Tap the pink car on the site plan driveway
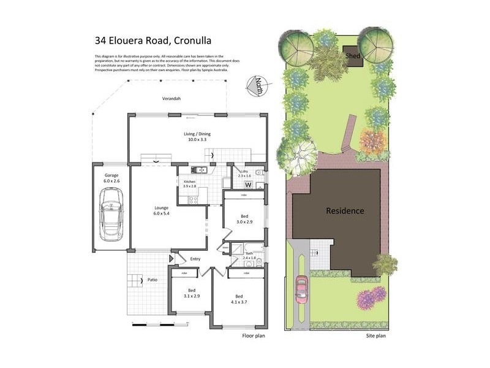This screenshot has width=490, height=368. point(301,289)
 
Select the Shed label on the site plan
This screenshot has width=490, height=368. point(353,55)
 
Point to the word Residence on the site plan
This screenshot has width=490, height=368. point(344,211)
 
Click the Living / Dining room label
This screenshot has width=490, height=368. point(198,137)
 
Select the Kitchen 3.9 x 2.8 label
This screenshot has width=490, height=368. point(190,184)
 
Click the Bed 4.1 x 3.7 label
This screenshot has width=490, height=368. point(239,299)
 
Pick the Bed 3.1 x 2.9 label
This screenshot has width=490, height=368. point(191,293)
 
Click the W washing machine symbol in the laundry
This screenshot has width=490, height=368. point(248,185)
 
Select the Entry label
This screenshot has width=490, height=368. point(195,259)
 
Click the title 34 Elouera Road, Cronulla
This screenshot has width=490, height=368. point(153,41)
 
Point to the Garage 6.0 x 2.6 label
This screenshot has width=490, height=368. point(111,178)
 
